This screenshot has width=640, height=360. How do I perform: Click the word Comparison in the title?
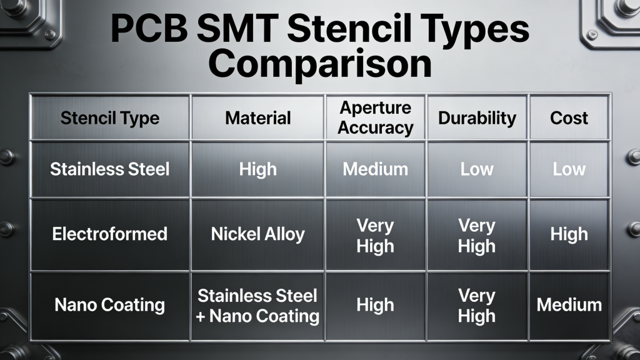click(x=320, y=64)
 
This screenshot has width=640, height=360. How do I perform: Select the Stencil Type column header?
click(x=109, y=118)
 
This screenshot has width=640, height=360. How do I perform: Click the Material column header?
click(x=258, y=118)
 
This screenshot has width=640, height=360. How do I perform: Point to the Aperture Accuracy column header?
click(x=376, y=118)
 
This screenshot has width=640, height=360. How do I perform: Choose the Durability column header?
click(x=477, y=118)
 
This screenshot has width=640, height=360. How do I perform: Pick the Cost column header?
click(x=569, y=118)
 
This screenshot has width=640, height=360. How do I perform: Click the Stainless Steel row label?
click(x=109, y=169)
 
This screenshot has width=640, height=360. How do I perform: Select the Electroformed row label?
click(x=109, y=234)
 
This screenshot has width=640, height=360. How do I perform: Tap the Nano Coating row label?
click(x=109, y=305)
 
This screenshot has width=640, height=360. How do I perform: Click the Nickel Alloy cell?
click(x=258, y=234)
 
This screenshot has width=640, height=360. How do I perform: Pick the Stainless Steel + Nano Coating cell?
click(x=258, y=305)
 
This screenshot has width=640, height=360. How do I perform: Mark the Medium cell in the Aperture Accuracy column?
click(x=375, y=169)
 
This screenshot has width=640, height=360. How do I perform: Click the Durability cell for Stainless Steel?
click(x=477, y=169)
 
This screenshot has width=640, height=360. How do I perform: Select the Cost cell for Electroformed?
click(x=569, y=234)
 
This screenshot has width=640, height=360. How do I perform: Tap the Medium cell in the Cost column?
click(x=569, y=305)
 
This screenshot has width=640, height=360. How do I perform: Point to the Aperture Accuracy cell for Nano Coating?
click(x=375, y=305)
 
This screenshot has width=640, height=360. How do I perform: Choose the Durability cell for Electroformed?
click(x=477, y=234)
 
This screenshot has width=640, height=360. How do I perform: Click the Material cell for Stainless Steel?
click(x=258, y=169)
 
